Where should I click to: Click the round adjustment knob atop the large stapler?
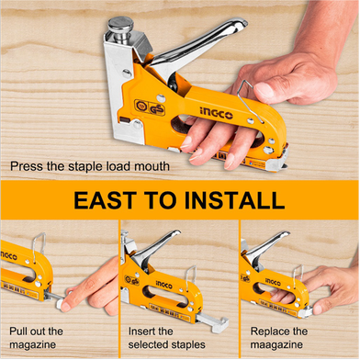(120, 25)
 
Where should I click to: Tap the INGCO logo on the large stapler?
(216, 113)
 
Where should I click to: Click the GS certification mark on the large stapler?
(157, 109)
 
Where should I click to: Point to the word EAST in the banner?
(105, 200)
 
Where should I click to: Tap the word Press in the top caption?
(27, 166)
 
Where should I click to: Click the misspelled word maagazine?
(276, 344)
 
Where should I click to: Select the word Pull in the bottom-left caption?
(18, 332)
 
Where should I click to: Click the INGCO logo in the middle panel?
(163, 285)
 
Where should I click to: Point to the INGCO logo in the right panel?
(273, 282)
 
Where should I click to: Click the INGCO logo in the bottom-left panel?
(9, 255)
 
